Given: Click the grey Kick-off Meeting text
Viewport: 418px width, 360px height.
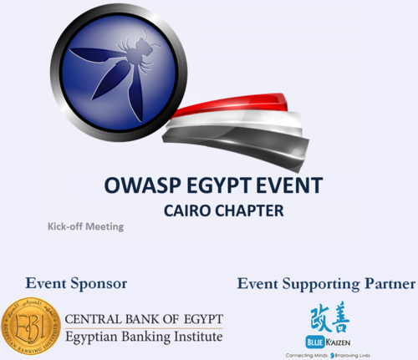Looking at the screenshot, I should coord(85,226).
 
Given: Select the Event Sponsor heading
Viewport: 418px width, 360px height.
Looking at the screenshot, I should coord(76,284).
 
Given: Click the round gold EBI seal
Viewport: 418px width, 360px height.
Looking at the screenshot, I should coord(30,327).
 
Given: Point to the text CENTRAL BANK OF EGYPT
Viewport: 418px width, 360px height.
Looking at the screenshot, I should coord(143,319).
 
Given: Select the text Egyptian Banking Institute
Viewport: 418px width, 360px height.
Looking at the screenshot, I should coord(143,336).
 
